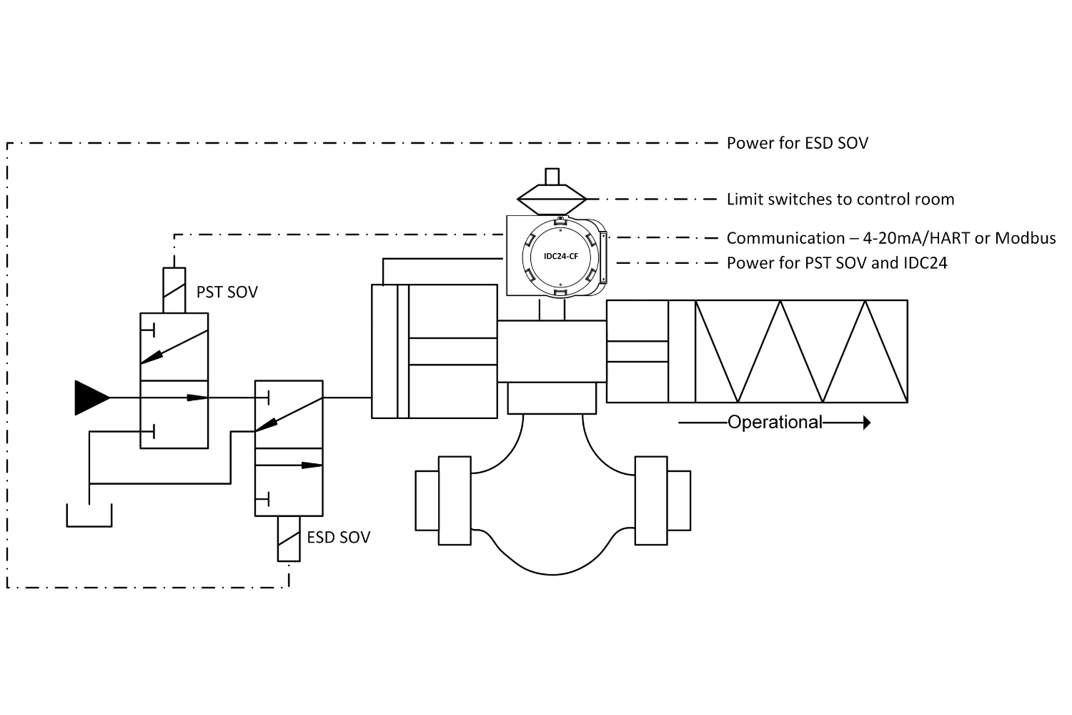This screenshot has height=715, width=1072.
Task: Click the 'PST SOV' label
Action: click(227, 292)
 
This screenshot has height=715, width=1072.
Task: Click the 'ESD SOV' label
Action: click(338, 538)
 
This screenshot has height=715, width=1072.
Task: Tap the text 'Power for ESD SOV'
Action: click(798, 143)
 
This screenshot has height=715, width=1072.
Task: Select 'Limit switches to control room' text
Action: click(840, 199)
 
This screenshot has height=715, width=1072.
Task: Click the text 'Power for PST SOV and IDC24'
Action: click(837, 263)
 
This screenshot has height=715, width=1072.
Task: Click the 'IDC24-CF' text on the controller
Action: click(561, 256)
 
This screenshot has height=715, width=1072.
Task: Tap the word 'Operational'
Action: click(775, 423)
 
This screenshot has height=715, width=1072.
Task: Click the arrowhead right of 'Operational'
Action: click(867, 423)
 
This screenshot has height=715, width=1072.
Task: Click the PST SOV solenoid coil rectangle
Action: click(174, 290)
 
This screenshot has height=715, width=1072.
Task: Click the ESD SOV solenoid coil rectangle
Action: click(289, 538)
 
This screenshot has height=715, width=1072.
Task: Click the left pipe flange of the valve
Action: click(455, 500)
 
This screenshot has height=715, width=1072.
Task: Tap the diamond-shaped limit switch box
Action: click(552, 199)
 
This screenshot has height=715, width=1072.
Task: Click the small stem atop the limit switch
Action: click(552, 176)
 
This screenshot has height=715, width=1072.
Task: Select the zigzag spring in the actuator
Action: click(801, 351)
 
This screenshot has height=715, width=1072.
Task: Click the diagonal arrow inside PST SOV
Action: click(174, 347)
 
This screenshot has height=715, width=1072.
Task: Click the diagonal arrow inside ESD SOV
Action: click(289, 415)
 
